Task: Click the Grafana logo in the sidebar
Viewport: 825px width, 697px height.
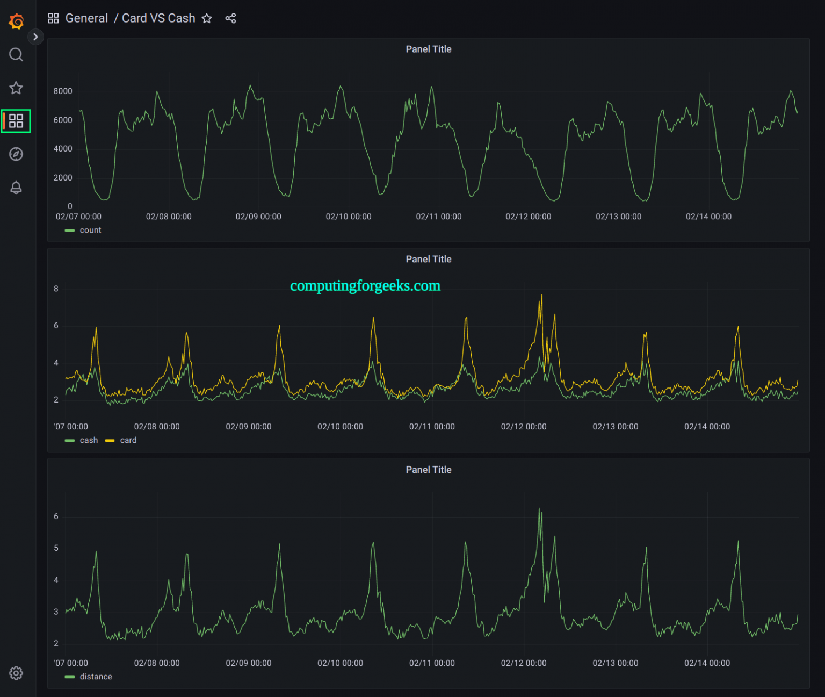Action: pyautogui.click(x=16, y=21)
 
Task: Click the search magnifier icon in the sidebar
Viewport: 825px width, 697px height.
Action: pyautogui.click(x=16, y=55)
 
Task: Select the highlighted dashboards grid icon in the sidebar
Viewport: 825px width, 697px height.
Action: pyautogui.click(x=16, y=121)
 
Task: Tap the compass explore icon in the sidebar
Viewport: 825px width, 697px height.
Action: pyautogui.click(x=16, y=154)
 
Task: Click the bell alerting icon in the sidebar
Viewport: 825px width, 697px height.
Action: pyautogui.click(x=16, y=188)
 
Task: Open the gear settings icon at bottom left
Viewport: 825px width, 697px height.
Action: pyautogui.click(x=16, y=673)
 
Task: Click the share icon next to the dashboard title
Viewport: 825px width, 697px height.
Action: pyautogui.click(x=230, y=19)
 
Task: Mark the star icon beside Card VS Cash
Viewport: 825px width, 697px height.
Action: pyautogui.click(x=207, y=19)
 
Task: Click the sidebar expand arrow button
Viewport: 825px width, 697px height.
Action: pyautogui.click(x=35, y=37)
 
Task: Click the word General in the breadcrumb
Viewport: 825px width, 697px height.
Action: pyautogui.click(x=86, y=19)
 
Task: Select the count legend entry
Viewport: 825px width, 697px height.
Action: pyautogui.click(x=90, y=230)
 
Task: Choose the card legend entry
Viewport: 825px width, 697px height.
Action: pyautogui.click(x=128, y=440)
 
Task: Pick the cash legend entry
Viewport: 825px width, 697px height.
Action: pyautogui.click(x=89, y=440)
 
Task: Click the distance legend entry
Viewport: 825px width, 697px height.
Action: pyautogui.click(x=96, y=677)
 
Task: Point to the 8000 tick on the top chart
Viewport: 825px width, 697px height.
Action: pyautogui.click(x=63, y=91)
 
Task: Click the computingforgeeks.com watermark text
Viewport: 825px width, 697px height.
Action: pyautogui.click(x=365, y=286)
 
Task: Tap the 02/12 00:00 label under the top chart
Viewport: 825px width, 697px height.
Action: pyautogui.click(x=528, y=217)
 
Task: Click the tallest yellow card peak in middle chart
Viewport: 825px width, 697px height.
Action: pyautogui.click(x=541, y=296)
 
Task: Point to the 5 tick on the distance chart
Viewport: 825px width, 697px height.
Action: pyautogui.click(x=56, y=548)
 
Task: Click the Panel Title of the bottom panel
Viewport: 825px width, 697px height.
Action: pyautogui.click(x=429, y=470)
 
